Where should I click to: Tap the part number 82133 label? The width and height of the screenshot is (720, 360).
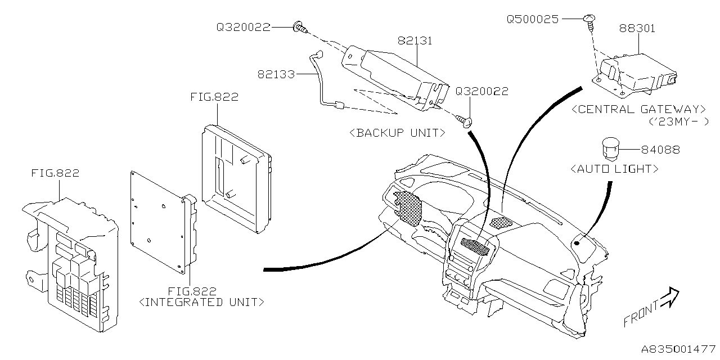[277, 74]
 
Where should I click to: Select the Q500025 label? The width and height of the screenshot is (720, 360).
[532, 19]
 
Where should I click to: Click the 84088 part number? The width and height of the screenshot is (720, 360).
[660, 150]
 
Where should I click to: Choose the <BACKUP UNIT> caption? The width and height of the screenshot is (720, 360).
[397, 133]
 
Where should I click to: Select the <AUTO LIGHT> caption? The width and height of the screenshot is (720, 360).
[614, 168]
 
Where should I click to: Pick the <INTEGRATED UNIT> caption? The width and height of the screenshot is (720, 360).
[201, 302]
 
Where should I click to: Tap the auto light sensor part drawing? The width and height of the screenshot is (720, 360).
[610, 148]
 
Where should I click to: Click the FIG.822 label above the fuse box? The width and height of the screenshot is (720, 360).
[55, 173]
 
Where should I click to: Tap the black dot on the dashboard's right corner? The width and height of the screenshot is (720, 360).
[577, 243]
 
